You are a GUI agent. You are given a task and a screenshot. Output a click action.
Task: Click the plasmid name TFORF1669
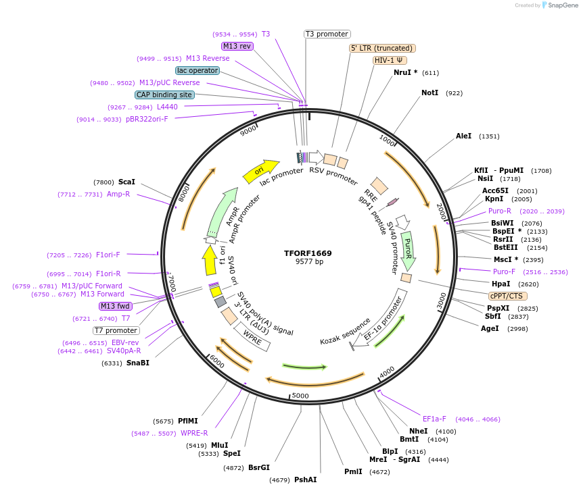308,253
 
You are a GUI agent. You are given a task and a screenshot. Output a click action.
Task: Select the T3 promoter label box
327,34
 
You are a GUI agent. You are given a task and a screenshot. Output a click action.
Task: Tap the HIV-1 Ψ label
390,60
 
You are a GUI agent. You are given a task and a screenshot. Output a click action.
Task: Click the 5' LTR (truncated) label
382,48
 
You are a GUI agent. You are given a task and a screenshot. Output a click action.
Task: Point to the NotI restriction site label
429,93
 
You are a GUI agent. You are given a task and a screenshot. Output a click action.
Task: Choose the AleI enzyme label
463,136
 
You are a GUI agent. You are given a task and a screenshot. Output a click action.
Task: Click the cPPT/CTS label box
508,296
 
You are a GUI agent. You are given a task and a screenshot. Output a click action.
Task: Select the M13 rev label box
237,46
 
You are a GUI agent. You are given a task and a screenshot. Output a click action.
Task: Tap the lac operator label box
197,70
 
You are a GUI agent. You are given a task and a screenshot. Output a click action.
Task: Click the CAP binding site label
164,95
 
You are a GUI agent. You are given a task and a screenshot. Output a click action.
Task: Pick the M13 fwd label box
116,306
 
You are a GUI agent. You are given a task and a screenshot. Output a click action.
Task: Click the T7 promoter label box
116,330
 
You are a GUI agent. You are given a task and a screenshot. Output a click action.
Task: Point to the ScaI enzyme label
126,182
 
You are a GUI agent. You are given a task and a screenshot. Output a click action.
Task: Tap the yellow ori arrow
260,172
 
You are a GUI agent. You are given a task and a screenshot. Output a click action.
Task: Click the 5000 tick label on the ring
300,395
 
